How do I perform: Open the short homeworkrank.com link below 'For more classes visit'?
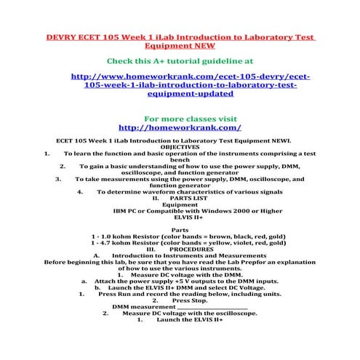(x=179, y=127)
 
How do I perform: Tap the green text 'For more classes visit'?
(x=180, y=117)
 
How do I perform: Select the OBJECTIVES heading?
(x=179, y=146)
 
